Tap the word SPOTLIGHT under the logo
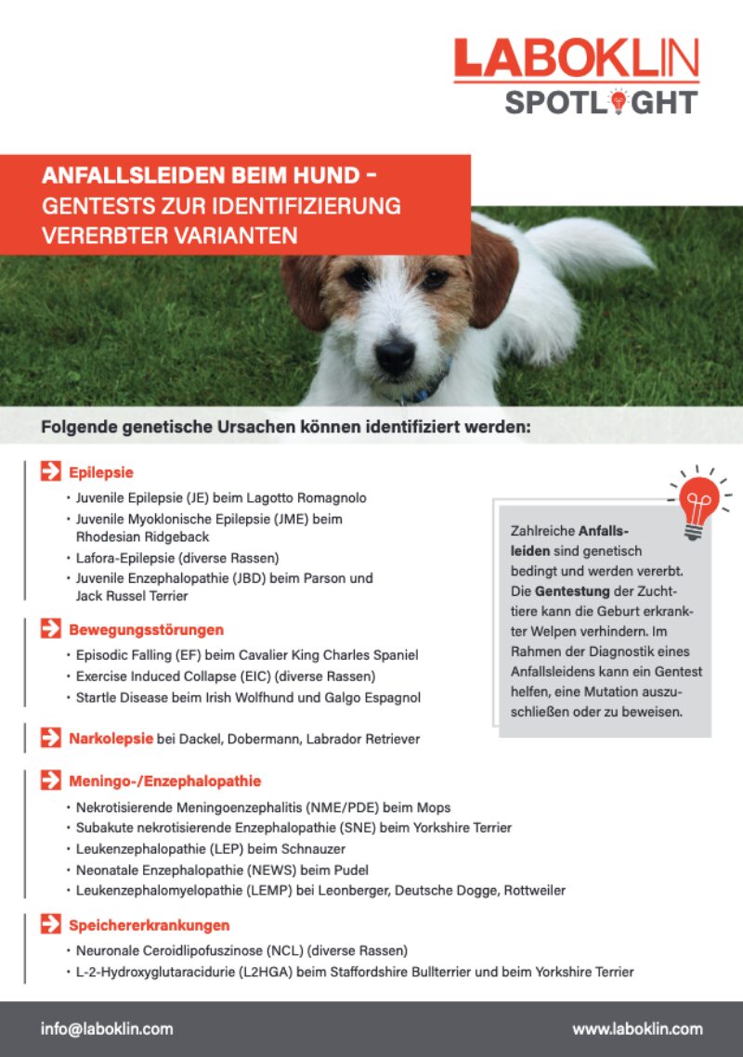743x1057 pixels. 601,101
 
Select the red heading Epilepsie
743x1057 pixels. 101,471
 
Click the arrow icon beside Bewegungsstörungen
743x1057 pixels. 50,630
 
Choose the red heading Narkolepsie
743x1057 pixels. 111,739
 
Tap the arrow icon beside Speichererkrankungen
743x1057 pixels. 50,924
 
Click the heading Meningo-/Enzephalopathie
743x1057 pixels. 164,780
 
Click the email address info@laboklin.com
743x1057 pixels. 107,1028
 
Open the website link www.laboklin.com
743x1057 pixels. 637,1028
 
